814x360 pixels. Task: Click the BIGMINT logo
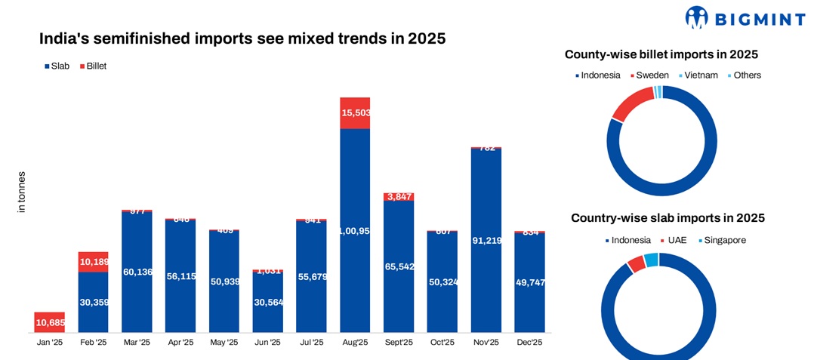click(744, 17)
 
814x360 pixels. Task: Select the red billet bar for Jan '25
click(49, 322)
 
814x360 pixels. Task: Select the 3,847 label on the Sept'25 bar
click(399, 197)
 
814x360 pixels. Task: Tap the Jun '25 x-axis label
click(267, 343)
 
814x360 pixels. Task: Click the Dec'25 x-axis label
click(529, 343)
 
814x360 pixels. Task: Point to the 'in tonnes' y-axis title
click(22, 193)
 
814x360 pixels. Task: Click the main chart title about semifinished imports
click(242, 38)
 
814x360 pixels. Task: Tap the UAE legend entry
click(677, 240)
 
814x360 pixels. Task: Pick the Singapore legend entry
click(721, 240)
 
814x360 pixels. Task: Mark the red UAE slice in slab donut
click(636, 263)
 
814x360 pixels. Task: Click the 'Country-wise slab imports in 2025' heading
click(668, 218)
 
